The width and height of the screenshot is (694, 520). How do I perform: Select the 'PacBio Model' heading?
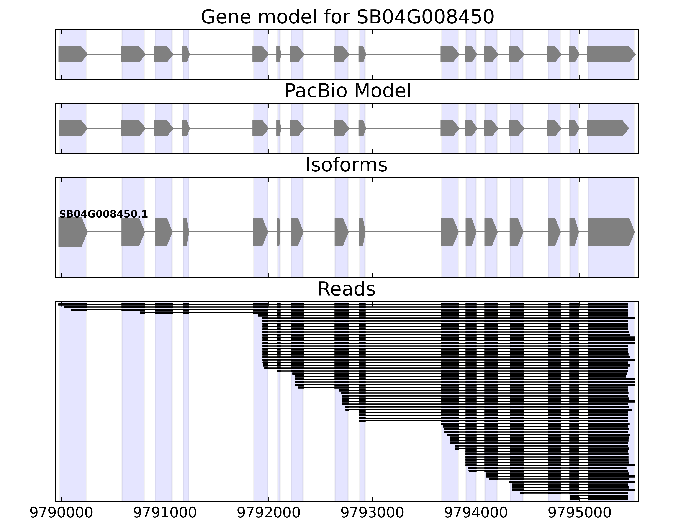tap(347, 91)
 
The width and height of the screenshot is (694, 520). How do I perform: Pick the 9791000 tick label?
tap(165, 513)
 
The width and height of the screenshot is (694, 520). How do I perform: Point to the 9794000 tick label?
tap(476, 513)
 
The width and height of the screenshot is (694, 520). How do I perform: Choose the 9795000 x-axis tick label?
tap(579, 513)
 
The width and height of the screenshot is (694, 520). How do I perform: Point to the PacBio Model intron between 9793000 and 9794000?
tap(403, 128)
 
